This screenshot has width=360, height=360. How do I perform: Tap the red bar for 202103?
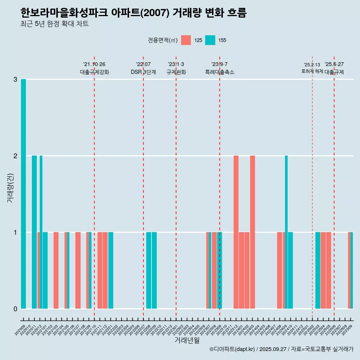[56, 270]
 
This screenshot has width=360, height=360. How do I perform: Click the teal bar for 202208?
[149, 270]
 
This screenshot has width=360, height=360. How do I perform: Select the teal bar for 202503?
[318, 270]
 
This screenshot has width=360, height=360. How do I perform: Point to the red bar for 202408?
[279, 270]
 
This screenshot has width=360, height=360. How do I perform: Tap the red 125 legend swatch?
[186, 40]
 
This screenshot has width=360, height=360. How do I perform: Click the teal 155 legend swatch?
[210, 40]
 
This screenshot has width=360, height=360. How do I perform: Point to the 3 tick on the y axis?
[15, 79]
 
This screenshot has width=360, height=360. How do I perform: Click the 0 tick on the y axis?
[15, 309]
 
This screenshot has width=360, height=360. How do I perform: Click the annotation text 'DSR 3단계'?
[143, 72]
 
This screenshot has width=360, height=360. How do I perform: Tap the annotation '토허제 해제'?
[312, 71]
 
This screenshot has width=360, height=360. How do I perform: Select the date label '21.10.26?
[94, 64]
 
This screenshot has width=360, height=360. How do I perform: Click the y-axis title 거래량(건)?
[10, 187]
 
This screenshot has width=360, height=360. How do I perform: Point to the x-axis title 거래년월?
[187, 340]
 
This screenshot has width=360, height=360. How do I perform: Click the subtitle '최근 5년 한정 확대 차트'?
[55, 24]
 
